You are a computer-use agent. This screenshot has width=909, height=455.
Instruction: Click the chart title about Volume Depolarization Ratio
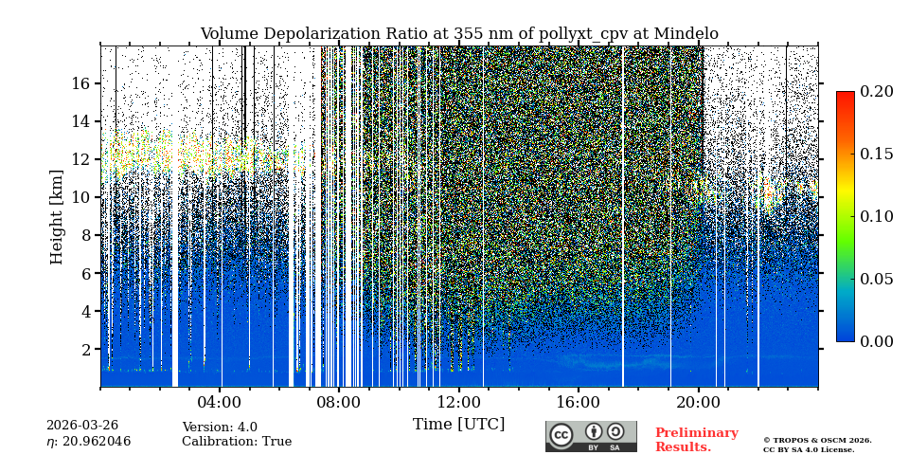pos(458,34)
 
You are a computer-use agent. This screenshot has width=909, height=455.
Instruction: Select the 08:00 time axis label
pos(340,402)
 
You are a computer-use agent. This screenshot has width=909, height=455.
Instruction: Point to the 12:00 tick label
pos(459,402)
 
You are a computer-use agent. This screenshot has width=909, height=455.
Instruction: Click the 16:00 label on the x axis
pos(579,402)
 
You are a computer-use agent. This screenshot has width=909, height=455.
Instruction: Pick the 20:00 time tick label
pos(699,402)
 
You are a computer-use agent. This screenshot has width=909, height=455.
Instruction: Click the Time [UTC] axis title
pos(458,424)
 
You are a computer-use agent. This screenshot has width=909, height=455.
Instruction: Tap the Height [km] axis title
pos(57,216)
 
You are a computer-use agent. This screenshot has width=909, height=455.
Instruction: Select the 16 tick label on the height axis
pos(80,83)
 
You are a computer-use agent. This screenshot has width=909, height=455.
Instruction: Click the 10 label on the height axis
pos(80,197)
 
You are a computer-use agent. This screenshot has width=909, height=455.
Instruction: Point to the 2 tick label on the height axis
pos(85,349)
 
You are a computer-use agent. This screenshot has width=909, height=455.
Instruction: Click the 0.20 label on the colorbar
pos(877,91)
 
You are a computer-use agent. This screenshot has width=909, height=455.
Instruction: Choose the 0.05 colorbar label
pos(877,279)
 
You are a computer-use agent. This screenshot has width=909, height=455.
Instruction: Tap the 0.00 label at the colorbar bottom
pos(877,341)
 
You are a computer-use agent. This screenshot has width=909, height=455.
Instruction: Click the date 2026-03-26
pos(82,426)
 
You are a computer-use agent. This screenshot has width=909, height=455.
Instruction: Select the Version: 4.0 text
pos(220,428)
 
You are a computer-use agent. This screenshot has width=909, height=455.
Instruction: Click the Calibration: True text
pos(237,442)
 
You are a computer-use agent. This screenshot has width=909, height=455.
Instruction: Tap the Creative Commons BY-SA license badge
pos(591,436)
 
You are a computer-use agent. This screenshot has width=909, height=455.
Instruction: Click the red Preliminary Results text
pos(696,440)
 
